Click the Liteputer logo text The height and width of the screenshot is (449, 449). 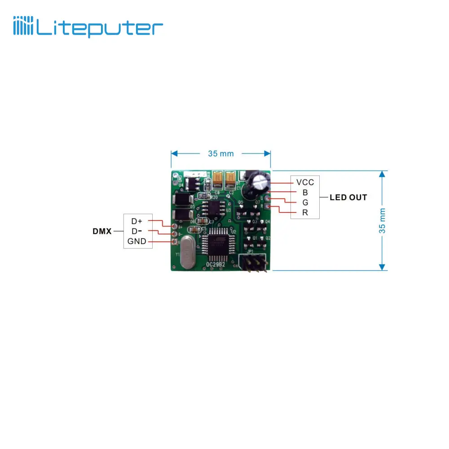[x=99, y=28]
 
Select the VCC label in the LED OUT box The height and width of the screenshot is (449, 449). [x=305, y=182]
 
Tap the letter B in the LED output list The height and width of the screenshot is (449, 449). [x=305, y=192]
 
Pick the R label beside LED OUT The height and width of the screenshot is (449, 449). [x=305, y=212]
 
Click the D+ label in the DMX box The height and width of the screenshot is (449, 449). [x=136, y=221]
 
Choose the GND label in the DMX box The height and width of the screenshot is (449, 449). [x=136, y=241]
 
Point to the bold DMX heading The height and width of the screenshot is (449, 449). [x=102, y=231]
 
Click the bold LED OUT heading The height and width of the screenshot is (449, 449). [x=348, y=197]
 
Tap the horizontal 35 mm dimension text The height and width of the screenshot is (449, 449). [x=220, y=154]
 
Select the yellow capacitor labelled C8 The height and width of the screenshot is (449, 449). [x=218, y=180]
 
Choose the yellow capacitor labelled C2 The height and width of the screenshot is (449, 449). [x=231, y=180]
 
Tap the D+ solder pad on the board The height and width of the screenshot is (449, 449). [x=174, y=227]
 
